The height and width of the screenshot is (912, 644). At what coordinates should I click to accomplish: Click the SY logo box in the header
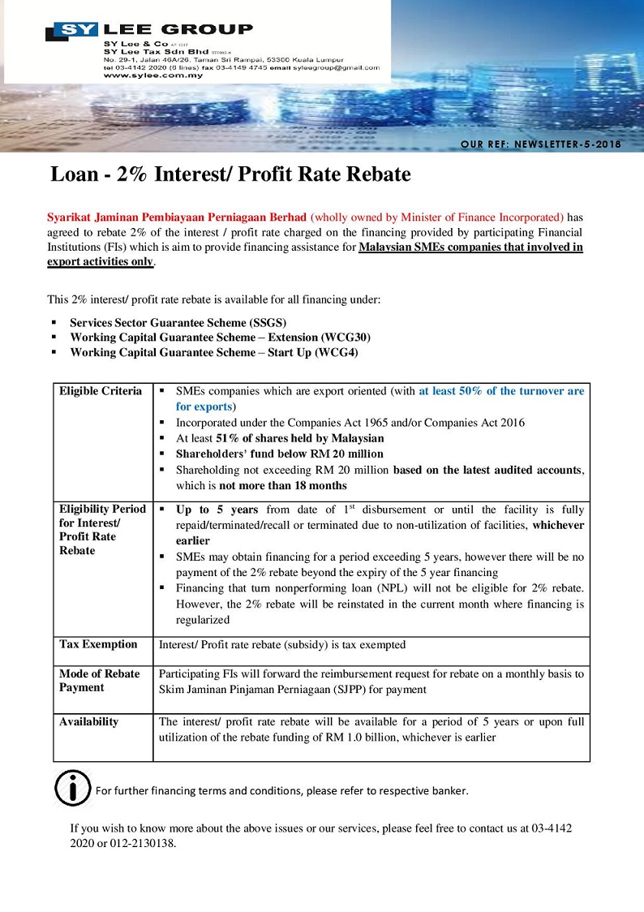click(x=72, y=32)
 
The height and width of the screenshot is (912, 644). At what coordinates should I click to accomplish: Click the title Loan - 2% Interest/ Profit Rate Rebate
click(x=231, y=174)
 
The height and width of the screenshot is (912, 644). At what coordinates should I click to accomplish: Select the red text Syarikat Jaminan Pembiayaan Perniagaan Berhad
click(x=177, y=217)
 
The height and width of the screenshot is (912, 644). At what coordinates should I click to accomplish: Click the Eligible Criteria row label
click(x=101, y=391)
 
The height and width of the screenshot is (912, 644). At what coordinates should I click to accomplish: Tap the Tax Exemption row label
click(x=98, y=644)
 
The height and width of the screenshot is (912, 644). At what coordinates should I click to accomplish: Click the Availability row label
click(x=88, y=721)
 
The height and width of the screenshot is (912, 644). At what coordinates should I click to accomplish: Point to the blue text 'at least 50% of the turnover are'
click(x=501, y=391)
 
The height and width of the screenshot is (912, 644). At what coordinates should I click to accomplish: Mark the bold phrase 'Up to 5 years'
click(x=217, y=510)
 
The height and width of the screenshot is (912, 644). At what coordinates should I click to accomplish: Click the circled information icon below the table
click(x=72, y=788)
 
